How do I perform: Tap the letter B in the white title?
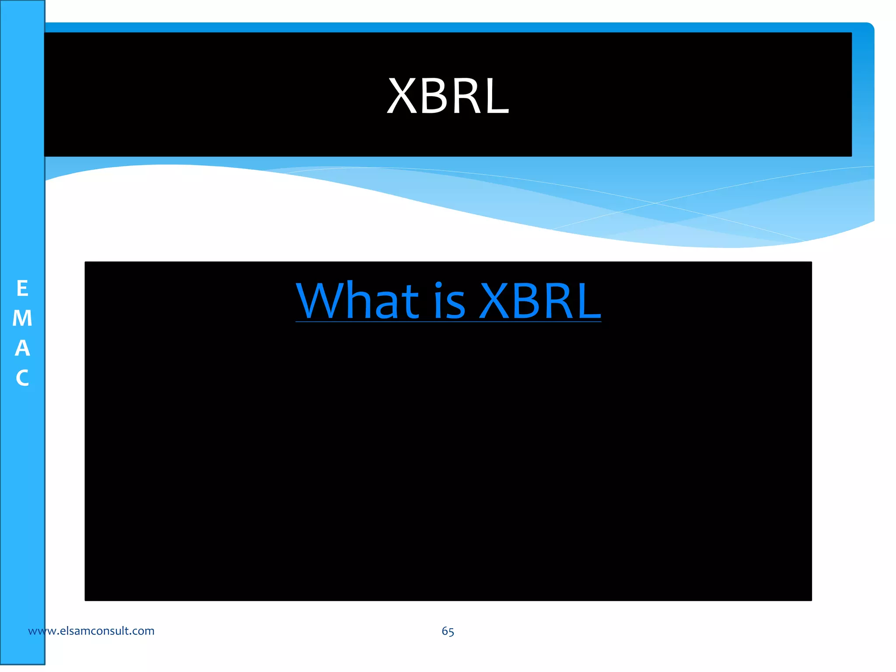tap(435, 96)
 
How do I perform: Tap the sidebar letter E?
tap(22, 289)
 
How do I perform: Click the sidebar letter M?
tap(22, 318)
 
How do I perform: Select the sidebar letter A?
tap(22, 348)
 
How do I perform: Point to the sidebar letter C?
tap(22, 378)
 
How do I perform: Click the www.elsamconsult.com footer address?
tap(91, 631)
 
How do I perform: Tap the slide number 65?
tap(448, 631)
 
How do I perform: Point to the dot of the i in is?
tap(439, 286)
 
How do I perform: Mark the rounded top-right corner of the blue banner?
tap(869, 28)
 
